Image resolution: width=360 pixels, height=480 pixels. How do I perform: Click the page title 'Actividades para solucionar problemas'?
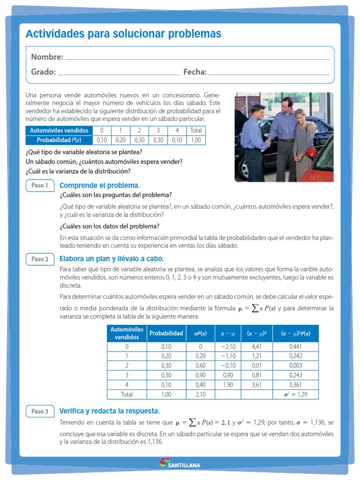point(123,34)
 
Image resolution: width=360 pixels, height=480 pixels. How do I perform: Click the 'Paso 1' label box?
point(40,185)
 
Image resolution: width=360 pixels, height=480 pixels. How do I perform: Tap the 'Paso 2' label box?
point(40,259)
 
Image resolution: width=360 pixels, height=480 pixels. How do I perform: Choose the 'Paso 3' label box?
point(40,411)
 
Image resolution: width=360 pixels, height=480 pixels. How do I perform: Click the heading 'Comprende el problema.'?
point(100,186)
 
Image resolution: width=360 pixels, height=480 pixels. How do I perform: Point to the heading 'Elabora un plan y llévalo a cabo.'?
point(112,259)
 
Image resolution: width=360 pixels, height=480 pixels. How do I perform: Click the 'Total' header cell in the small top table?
point(196,130)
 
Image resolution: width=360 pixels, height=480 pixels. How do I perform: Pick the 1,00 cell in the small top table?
point(196,140)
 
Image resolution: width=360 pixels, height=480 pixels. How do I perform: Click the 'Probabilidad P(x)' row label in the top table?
point(59,140)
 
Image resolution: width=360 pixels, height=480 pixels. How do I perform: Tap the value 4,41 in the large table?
point(256,347)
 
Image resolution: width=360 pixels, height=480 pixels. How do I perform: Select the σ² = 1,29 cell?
point(295,394)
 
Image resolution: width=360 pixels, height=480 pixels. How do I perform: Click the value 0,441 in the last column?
point(295,347)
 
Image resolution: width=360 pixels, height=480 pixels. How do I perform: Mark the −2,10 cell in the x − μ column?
point(228,347)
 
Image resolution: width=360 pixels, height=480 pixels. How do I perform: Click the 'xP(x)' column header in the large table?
point(200,333)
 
